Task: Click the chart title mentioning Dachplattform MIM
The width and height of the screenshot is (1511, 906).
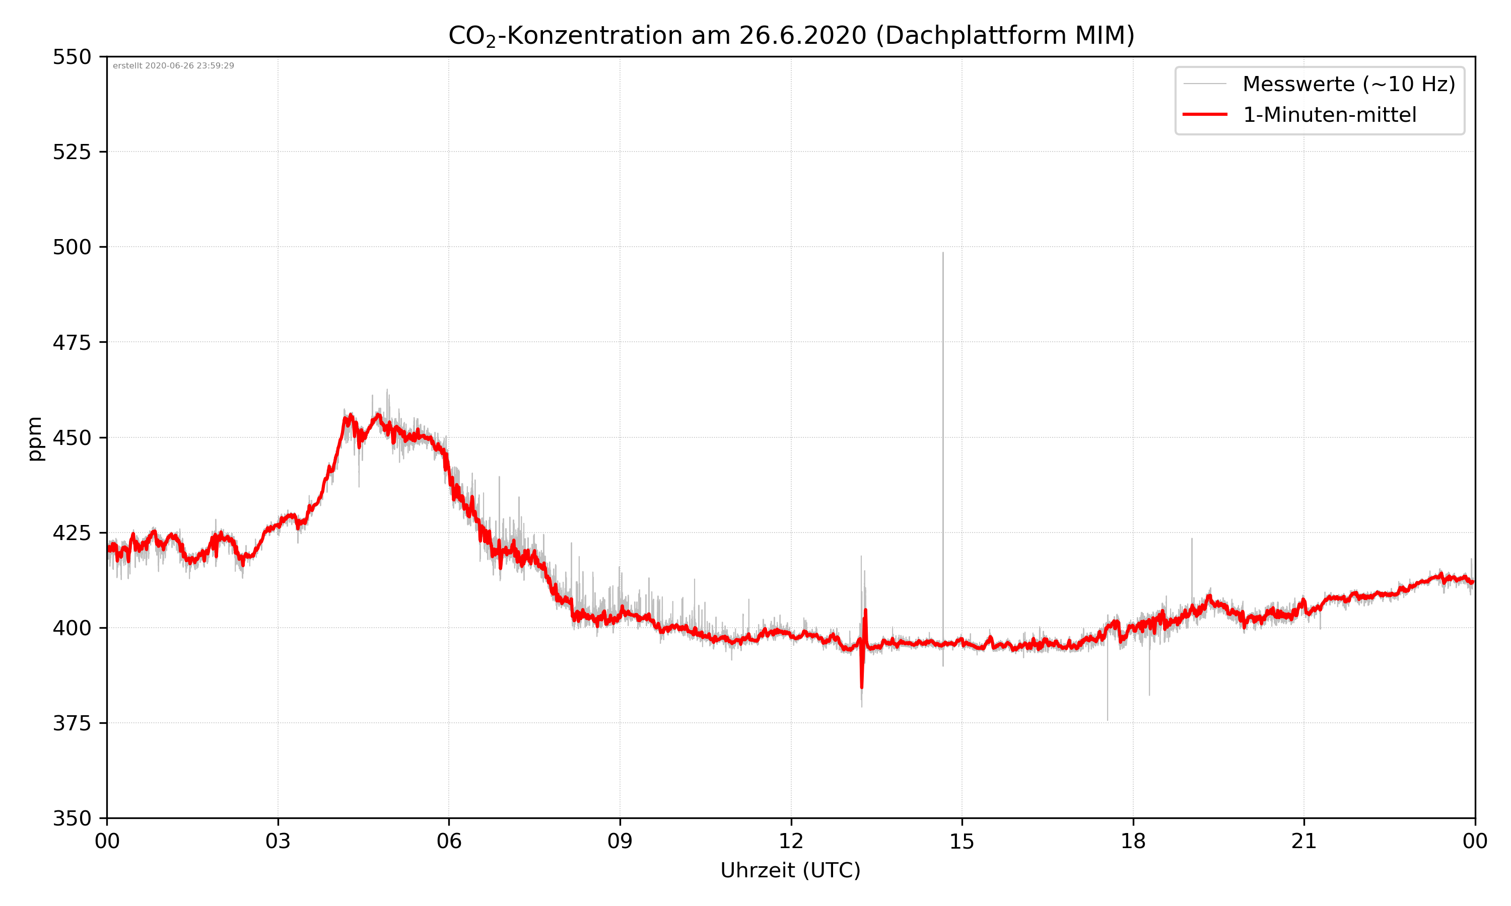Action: click(x=791, y=35)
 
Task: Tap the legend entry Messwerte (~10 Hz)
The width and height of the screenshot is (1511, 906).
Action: click(x=1348, y=84)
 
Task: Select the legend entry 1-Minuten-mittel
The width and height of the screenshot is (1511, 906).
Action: click(x=1329, y=115)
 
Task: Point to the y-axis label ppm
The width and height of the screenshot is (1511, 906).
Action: click(x=35, y=438)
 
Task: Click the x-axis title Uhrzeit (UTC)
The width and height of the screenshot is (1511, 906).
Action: click(x=790, y=870)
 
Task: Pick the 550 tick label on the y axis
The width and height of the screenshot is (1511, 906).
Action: click(x=72, y=57)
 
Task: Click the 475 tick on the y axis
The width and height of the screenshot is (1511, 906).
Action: click(x=72, y=342)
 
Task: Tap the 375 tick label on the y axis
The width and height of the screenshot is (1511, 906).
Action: click(x=72, y=723)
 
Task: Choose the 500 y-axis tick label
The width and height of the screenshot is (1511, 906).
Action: click(x=72, y=247)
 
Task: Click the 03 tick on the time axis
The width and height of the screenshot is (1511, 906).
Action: click(x=278, y=841)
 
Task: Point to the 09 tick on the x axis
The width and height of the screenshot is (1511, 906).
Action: click(x=620, y=841)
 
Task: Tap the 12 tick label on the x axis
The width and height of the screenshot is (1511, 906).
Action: click(x=791, y=841)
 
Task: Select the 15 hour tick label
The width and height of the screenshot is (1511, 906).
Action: click(x=962, y=841)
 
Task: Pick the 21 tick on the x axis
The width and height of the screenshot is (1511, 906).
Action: click(x=1304, y=841)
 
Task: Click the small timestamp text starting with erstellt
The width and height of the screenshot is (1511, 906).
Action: click(x=173, y=66)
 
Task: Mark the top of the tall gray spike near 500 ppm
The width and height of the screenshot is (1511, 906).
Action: click(x=942, y=253)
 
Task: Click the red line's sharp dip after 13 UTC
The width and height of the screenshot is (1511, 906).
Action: click(x=861, y=688)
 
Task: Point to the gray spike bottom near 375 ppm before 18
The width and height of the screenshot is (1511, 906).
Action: click(x=1107, y=720)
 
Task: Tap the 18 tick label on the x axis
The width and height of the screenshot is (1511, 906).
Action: click(x=1133, y=841)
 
